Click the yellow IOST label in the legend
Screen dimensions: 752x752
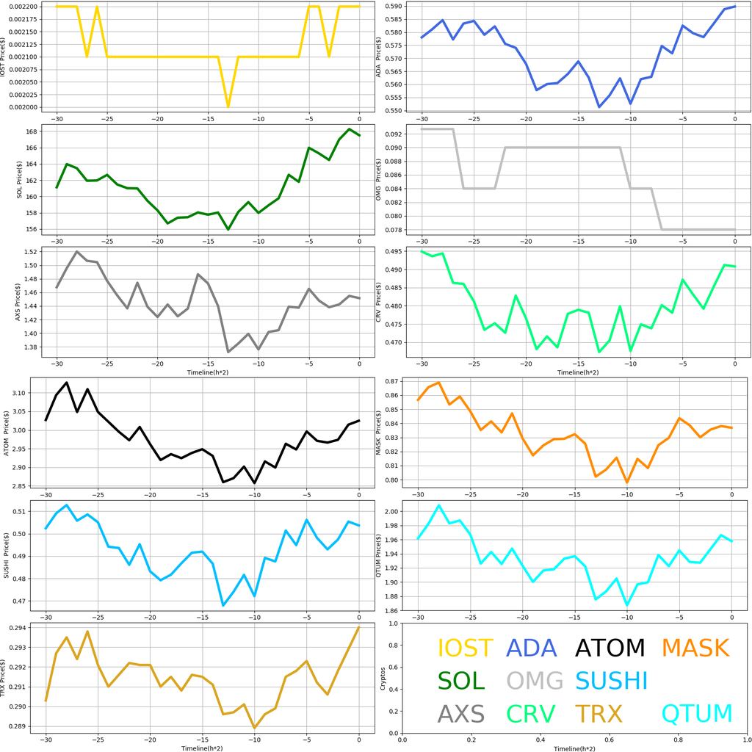(465, 648)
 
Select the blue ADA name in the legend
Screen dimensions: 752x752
(538, 648)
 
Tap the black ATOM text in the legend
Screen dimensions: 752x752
(610, 648)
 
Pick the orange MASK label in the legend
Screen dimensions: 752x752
(695, 648)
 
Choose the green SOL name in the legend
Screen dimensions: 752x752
(461, 681)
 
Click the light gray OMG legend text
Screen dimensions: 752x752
(535, 681)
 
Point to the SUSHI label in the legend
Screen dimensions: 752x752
(611, 681)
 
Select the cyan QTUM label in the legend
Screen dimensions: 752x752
(697, 713)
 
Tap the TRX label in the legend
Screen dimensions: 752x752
(598, 713)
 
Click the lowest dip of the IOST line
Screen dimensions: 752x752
(228, 107)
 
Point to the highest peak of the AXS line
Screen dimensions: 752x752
(76, 251)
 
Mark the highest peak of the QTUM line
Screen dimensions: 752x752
(439, 505)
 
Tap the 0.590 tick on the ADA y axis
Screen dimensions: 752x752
(393, 7)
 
